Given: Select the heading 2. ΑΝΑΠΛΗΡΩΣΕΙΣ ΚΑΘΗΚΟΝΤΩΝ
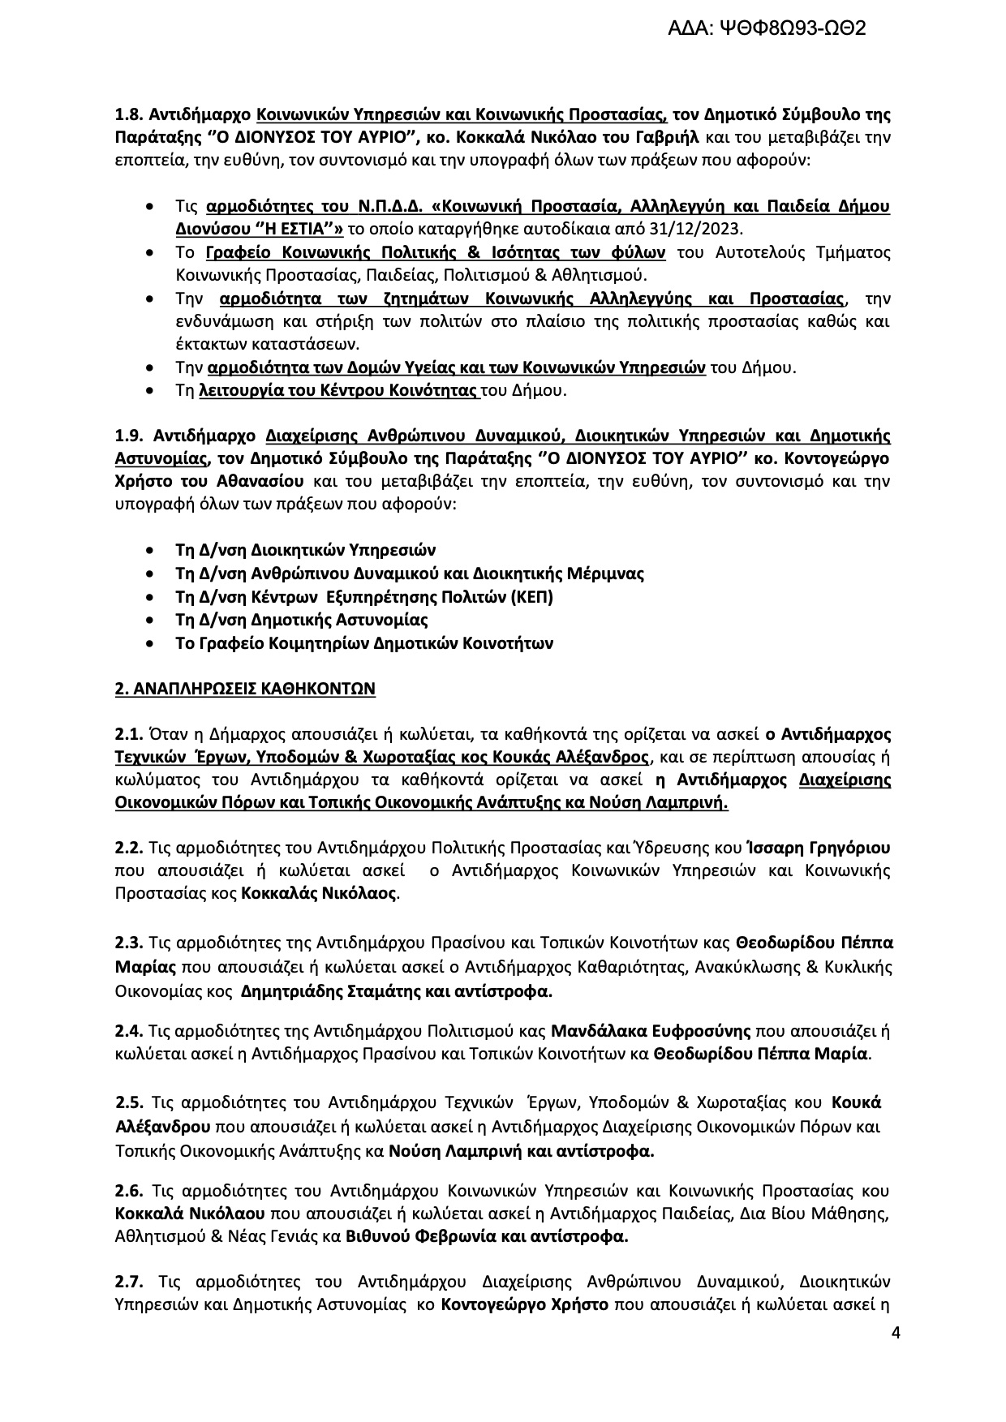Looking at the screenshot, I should click(x=245, y=690).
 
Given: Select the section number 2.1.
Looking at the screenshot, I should click(x=129, y=735).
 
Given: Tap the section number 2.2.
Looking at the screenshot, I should click(x=129, y=848).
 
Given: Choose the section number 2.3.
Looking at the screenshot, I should click(x=129, y=943).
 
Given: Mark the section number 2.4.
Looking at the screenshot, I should click(x=129, y=1032).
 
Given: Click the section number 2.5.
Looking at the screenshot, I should click(x=131, y=1103).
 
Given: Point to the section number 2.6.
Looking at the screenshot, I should click(x=130, y=1192).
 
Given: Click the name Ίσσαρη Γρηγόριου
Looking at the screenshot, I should click(x=818, y=848).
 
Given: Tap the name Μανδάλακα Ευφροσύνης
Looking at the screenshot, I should click(x=651, y=1032).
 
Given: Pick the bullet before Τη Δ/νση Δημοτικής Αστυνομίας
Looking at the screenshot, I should click(x=149, y=621).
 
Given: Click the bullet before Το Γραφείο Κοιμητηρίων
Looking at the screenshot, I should click(x=149, y=644).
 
